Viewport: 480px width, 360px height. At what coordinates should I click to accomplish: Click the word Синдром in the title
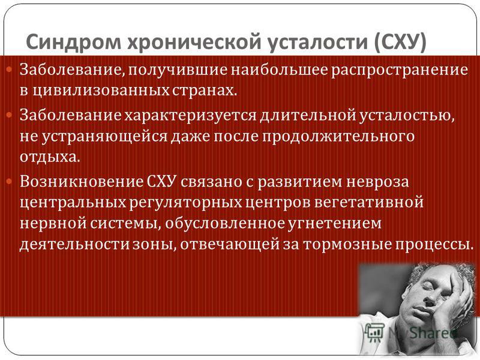(x=73, y=41)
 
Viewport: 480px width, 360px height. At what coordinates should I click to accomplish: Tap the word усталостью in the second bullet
(x=406, y=115)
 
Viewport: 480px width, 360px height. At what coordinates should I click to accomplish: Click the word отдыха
(x=50, y=157)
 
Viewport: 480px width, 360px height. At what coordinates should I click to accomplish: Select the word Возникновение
(x=82, y=182)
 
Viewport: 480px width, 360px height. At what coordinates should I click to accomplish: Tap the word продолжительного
(x=338, y=137)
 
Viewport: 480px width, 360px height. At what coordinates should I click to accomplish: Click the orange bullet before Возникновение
(x=9, y=182)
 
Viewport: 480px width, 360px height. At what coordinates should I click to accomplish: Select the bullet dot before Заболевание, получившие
(x=9, y=70)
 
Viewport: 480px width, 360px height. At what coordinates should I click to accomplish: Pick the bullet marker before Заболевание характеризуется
(x=9, y=115)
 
